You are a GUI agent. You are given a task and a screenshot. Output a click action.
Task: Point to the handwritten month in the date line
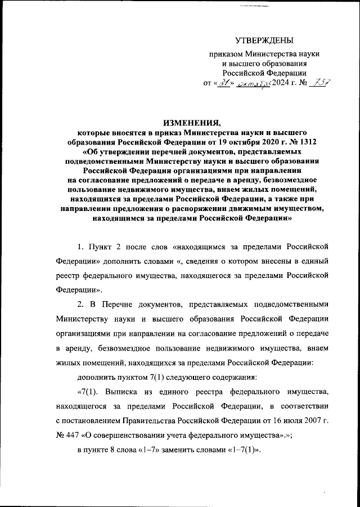pyautogui.click(x=254, y=83)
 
